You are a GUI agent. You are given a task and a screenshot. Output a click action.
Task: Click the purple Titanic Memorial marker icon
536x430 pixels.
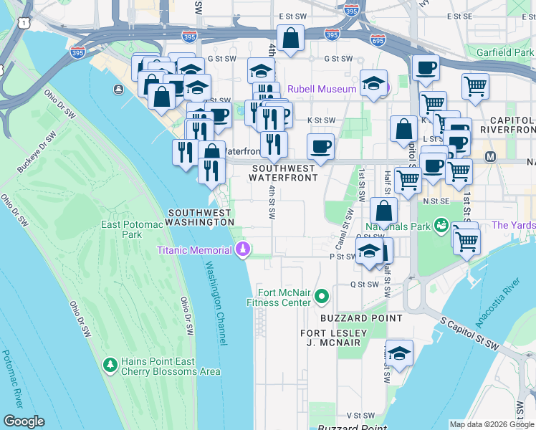(x=243, y=249)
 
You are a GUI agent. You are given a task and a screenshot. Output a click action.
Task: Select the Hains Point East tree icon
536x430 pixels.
(x=110, y=365)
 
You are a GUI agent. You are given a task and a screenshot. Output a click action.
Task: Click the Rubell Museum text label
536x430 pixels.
(x=322, y=90)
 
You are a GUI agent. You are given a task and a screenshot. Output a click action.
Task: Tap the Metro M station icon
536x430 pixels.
(x=491, y=156)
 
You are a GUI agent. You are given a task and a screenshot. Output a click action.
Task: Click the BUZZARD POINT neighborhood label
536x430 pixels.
(x=361, y=317)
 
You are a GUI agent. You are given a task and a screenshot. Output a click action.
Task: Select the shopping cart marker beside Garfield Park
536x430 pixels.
(x=475, y=87)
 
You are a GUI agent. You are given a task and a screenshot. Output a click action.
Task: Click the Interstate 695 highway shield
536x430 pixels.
(x=378, y=39)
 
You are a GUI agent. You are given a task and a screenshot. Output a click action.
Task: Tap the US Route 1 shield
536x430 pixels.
(x=25, y=24)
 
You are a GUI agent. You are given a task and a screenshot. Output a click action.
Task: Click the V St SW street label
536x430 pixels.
(x=362, y=415)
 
